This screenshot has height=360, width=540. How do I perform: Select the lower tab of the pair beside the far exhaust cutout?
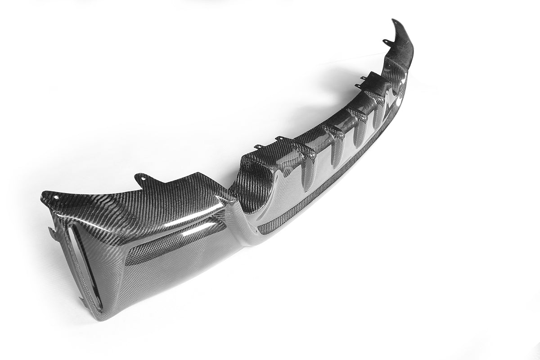pyautogui.click(x=358, y=86)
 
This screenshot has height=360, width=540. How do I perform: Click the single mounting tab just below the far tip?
pyautogui.click(x=386, y=43)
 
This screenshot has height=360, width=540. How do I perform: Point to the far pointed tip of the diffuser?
pyautogui.click(x=395, y=21)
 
